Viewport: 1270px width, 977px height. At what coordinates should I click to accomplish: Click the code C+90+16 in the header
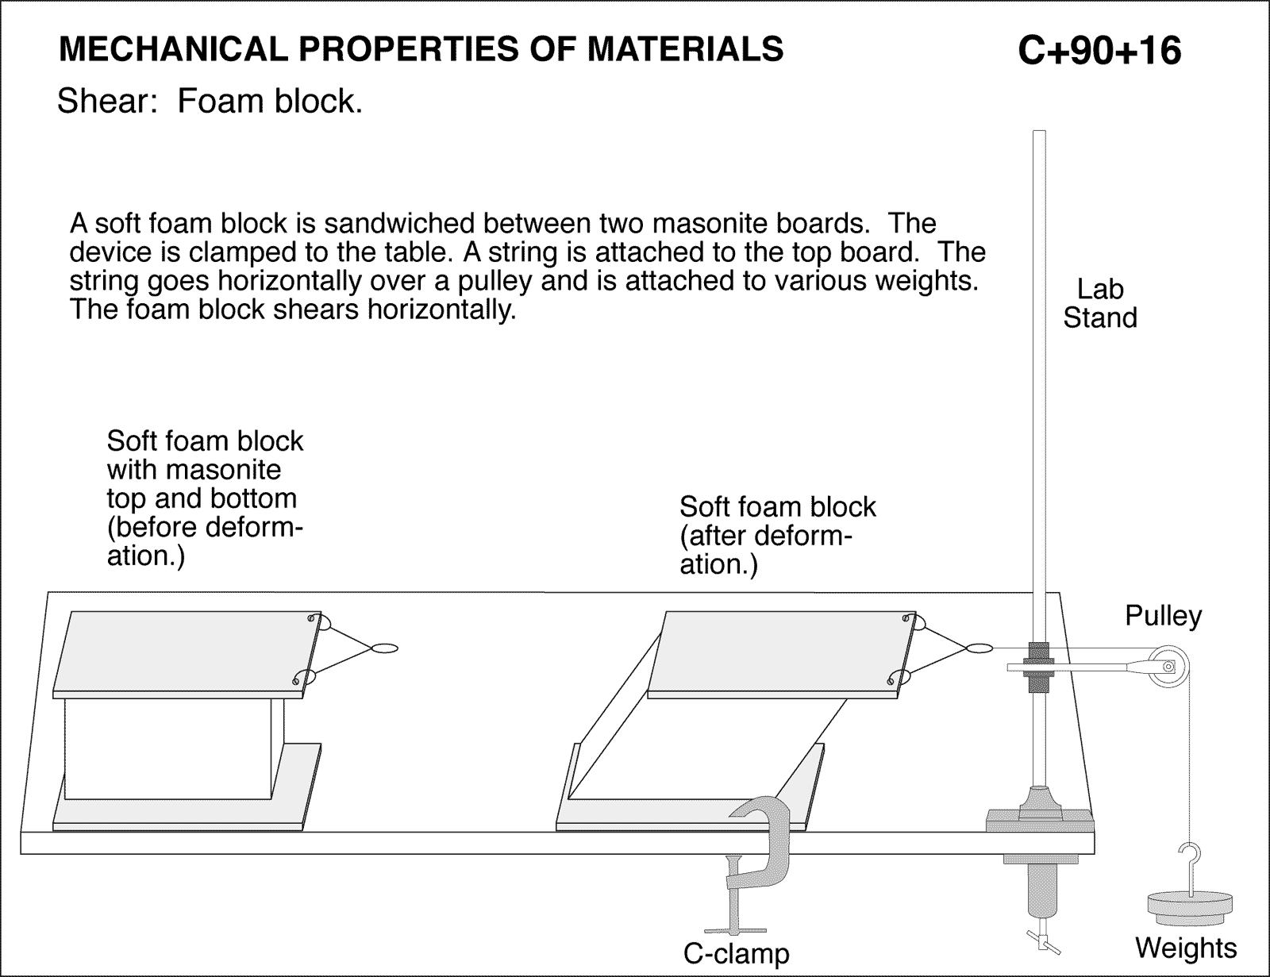pyautogui.click(x=1099, y=51)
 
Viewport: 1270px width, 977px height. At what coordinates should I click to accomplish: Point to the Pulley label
pyautogui.click(x=1163, y=616)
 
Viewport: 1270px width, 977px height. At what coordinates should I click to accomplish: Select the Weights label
pyautogui.click(x=1186, y=948)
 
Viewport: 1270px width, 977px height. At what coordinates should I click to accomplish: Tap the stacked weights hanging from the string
pyautogui.click(x=1189, y=908)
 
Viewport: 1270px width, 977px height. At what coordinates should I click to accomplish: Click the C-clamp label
pyautogui.click(x=737, y=952)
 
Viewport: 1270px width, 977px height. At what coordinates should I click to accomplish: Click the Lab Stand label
pyautogui.click(x=1100, y=303)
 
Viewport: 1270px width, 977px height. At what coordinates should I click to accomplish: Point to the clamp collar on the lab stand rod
pyautogui.click(x=1037, y=664)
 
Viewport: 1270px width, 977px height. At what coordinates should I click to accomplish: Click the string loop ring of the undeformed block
pyautogui.click(x=384, y=648)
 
